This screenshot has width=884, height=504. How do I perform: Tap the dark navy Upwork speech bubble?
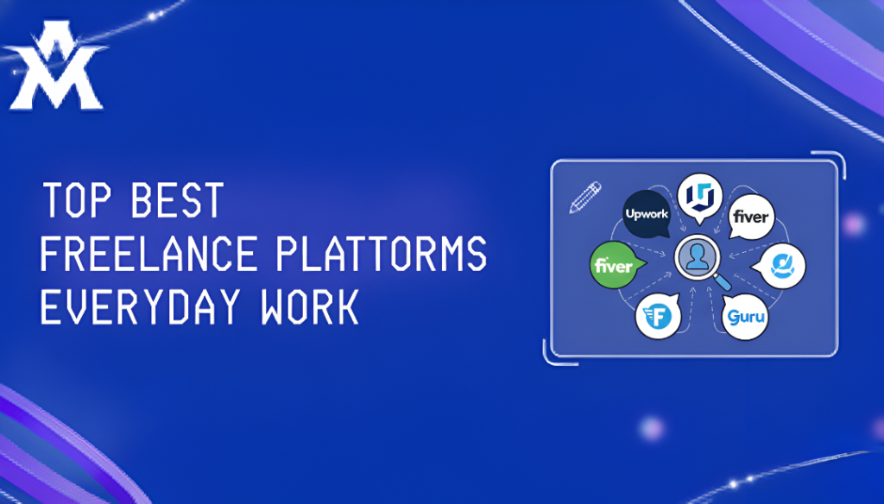coord(647,212)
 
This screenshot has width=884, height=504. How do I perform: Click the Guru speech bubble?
coord(745,317)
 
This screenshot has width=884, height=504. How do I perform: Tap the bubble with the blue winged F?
coord(659,317)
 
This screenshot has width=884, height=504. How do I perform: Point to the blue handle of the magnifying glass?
coord(724,282)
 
